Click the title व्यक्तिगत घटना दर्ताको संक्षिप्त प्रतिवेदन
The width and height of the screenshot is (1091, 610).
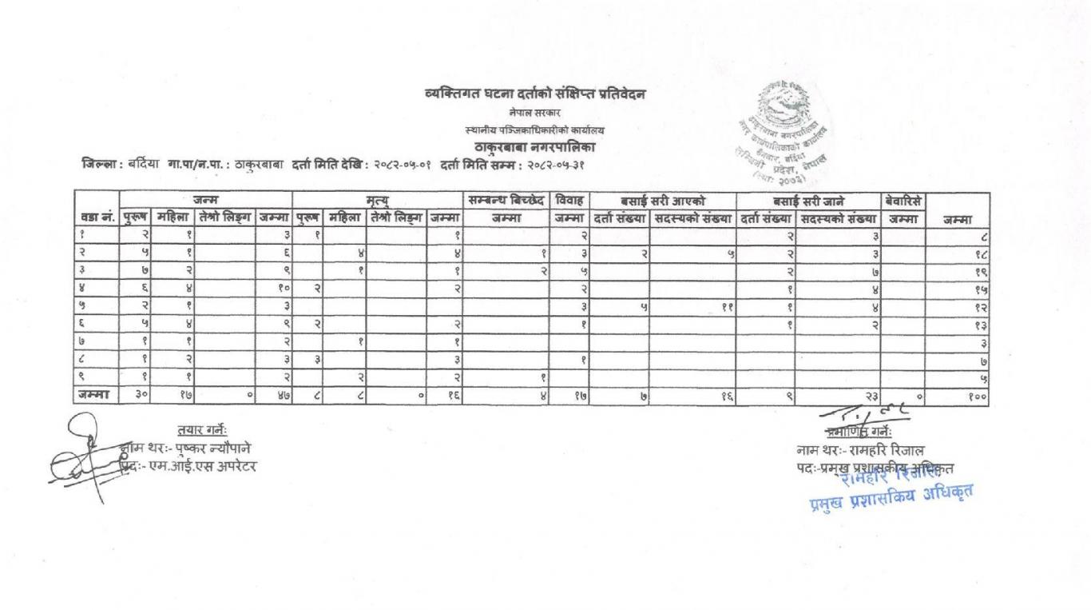[534, 95]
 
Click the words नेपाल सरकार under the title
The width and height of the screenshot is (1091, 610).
[534, 113]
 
